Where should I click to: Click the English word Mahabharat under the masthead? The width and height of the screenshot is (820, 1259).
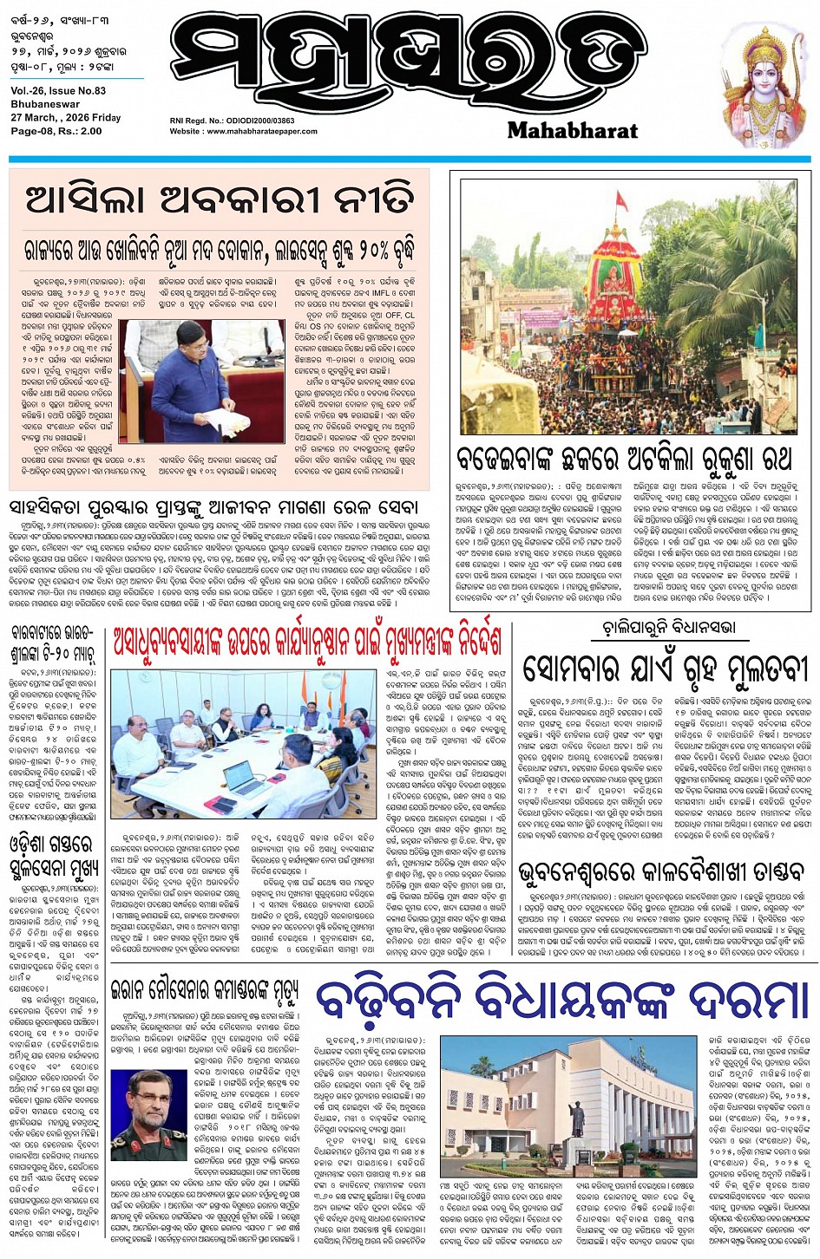click(x=572, y=131)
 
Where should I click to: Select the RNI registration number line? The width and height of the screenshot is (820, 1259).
click(x=233, y=121)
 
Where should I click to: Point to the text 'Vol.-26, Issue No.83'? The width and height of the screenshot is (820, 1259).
click(x=59, y=90)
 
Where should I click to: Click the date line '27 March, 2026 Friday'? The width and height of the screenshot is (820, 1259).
click(x=66, y=118)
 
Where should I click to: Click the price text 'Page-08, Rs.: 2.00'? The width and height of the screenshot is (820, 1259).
click(x=56, y=132)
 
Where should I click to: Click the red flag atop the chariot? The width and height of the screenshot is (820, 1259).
click(x=620, y=200)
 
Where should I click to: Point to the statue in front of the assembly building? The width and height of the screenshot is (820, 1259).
click(x=575, y=1119)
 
